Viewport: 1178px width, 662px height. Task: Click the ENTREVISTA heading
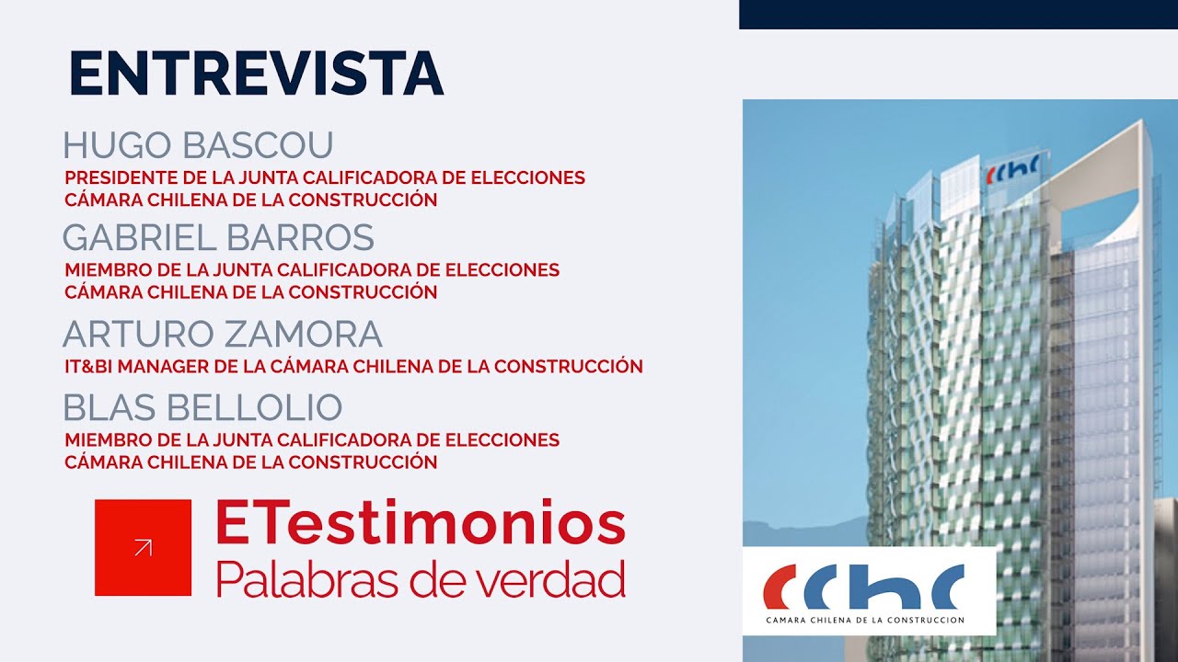click(257, 73)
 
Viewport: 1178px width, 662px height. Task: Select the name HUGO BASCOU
click(198, 144)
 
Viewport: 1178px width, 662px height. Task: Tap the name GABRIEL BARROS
click(219, 237)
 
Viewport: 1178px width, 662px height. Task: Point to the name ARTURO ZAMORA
click(223, 334)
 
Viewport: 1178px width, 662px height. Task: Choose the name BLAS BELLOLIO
click(203, 407)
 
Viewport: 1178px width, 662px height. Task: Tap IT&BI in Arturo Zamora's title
click(88, 366)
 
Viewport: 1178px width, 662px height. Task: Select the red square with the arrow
click(143, 547)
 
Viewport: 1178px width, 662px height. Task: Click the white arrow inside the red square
click(143, 547)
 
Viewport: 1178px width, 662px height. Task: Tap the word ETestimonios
click(421, 523)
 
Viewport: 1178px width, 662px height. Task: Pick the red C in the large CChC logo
click(779, 587)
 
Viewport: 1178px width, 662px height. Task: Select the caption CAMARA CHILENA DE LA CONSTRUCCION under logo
click(865, 620)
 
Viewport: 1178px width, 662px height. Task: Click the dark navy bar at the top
click(958, 14)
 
